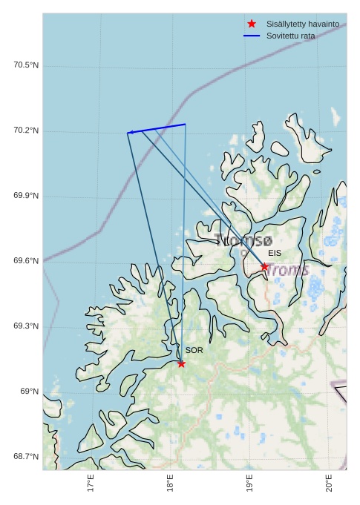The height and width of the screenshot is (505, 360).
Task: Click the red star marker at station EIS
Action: pyautogui.click(x=264, y=266)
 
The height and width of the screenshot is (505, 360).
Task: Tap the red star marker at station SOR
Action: pyautogui.click(x=181, y=363)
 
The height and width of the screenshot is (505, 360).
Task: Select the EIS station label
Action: pyautogui.click(x=275, y=253)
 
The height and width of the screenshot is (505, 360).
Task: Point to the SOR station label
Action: pyautogui.click(x=194, y=350)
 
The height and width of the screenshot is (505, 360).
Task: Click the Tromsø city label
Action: pyautogui.click(x=243, y=240)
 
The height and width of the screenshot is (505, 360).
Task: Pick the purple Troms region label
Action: pyautogui.click(x=288, y=269)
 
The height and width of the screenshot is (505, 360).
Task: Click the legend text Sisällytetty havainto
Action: pyautogui.click(x=303, y=24)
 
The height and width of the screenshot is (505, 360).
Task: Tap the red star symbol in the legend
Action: pyautogui.click(x=252, y=24)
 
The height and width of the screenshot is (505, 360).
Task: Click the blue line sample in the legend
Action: pyautogui.click(x=252, y=36)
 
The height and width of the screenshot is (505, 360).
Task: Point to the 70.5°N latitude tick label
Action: pyautogui.click(x=26, y=65)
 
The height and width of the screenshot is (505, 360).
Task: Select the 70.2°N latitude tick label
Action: pyautogui.click(x=26, y=131)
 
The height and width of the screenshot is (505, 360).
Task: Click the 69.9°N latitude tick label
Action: pyautogui.click(x=26, y=196)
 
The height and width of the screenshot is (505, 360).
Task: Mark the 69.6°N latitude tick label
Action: pyautogui.click(x=26, y=261)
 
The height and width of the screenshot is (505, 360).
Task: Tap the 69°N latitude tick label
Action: pyautogui.click(x=29, y=392)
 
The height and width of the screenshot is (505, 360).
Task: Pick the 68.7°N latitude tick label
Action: pyautogui.click(x=26, y=457)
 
